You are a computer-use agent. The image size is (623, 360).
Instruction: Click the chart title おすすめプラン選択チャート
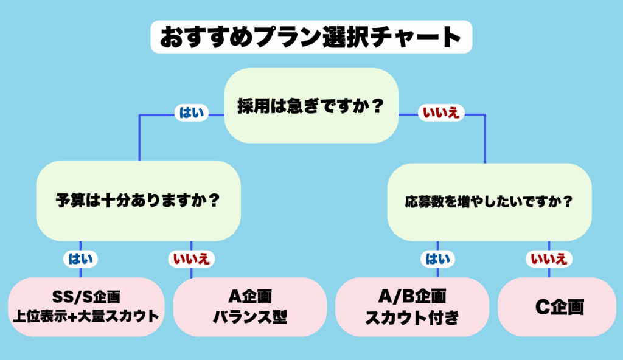click(x=311, y=37)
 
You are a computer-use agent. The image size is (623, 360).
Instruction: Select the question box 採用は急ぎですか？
click(x=311, y=106)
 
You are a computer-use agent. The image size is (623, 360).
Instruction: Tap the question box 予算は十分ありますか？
click(x=138, y=200)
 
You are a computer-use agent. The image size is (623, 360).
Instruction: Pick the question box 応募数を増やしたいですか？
click(x=489, y=201)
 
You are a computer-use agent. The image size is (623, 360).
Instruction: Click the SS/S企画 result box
click(x=86, y=306)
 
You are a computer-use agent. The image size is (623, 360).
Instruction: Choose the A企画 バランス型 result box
click(x=249, y=306)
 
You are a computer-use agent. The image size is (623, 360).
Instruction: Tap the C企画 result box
click(x=557, y=306)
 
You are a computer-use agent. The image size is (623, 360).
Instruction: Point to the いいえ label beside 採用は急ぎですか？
click(x=440, y=113)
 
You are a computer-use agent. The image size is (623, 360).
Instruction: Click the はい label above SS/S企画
click(x=80, y=259)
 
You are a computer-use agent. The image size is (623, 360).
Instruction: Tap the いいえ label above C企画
click(x=549, y=259)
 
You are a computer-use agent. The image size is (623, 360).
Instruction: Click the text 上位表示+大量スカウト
click(x=86, y=316)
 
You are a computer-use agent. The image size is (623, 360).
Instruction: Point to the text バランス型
click(x=249, y=317)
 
